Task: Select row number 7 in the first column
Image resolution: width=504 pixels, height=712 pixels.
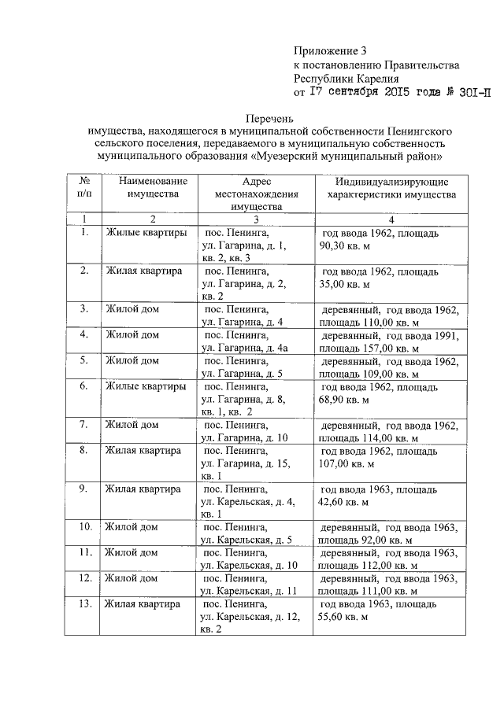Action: (x=83, y=425)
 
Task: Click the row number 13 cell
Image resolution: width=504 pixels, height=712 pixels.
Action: (x=83, y=604)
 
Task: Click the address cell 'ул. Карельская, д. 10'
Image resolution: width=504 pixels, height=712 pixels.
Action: (x=250, y=565)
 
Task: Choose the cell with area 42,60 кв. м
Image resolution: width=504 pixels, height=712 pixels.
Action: (x=376, y=495)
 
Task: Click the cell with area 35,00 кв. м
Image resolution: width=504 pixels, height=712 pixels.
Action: (x=376, y=277)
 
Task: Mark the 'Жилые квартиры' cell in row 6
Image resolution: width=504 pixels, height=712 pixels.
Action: (x=146, y=387)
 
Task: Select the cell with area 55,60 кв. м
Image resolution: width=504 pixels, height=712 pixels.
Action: (x=376, y=611)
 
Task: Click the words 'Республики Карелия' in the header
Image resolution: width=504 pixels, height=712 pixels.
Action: (x=346, y=79)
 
